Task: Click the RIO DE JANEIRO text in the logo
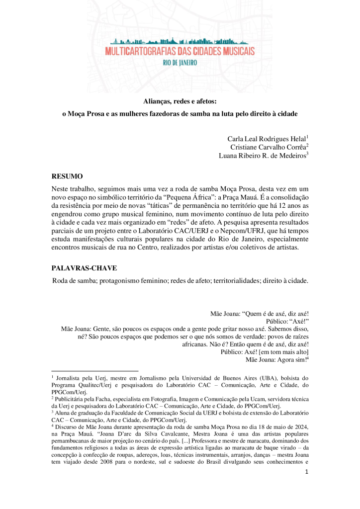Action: coord(180,63)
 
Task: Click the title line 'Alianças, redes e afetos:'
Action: coord(180,102)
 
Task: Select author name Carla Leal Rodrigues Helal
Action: coord(267,138)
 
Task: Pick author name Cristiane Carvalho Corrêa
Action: coord(269,147)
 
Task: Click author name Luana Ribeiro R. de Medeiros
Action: coord(263,156)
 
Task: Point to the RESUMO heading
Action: coord(67,176)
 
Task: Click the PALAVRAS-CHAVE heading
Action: coord(84,268)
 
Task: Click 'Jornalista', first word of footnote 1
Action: coord(71,378)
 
